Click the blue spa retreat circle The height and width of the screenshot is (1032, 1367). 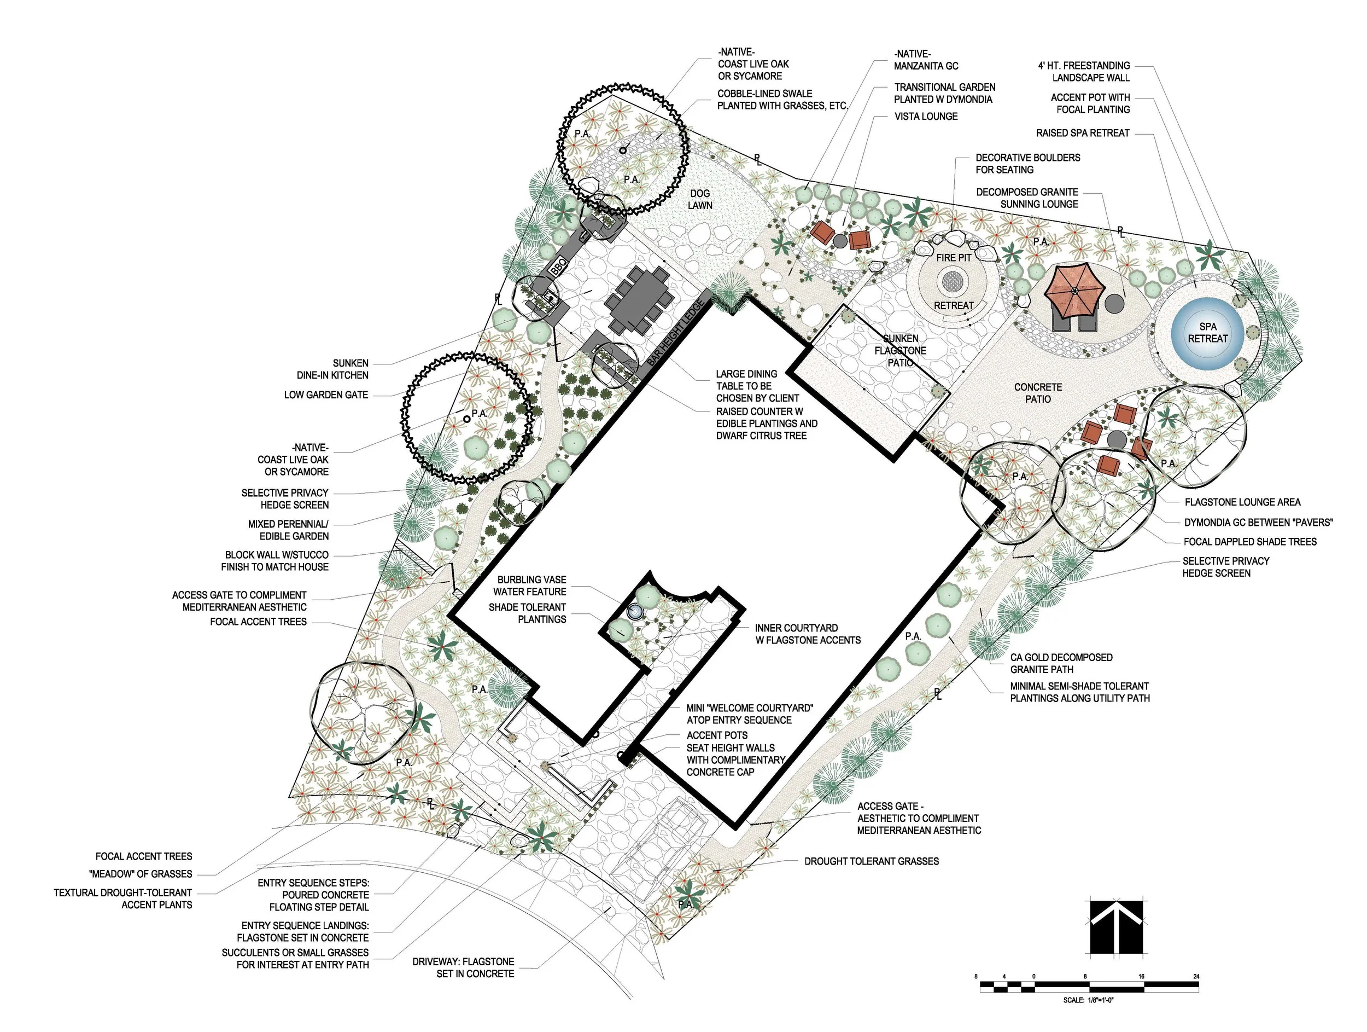[x=1207, y=333]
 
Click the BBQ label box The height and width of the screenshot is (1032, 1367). [x=559, y=266]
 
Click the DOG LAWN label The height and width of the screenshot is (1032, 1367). [x=700, y=199]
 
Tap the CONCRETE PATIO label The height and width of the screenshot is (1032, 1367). [x=1038, y=393]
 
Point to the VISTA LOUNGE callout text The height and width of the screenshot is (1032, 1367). [x=926, y=116]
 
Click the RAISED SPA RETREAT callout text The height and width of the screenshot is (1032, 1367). [x=1083, y=133]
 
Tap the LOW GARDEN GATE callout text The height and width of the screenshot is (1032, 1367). [x=326, y=395]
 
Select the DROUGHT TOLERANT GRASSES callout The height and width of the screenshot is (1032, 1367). [x=872, y=861]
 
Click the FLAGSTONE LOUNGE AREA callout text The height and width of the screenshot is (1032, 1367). [x=1242, y=502]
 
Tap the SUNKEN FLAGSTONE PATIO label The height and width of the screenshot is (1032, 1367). [x=901, y=350]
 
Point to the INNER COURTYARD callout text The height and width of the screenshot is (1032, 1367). [x=797, y=628]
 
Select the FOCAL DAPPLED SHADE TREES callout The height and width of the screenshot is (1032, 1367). [x=1249, y=542]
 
